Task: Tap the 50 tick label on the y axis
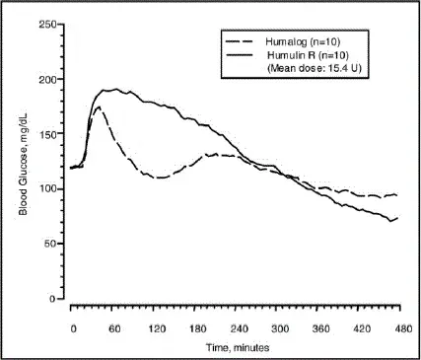46,244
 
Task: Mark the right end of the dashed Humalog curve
397,195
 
